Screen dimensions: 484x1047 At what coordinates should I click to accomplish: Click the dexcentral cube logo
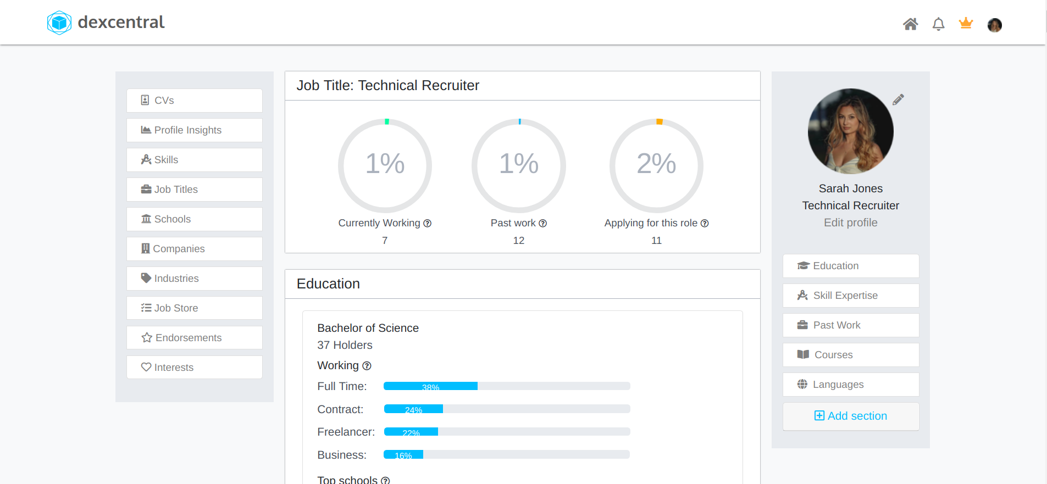(59, 23)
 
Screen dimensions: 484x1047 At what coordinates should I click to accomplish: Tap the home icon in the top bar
(910, 24)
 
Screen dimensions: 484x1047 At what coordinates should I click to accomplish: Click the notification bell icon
(938, 24)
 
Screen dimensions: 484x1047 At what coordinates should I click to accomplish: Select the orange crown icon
(966, 23)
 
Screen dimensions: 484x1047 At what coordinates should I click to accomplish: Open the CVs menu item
(195, 101)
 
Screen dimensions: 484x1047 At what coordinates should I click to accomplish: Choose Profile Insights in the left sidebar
(195, 130)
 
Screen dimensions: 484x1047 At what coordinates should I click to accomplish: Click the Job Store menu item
(195, 308)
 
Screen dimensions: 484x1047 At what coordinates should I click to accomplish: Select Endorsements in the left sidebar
(195, 338)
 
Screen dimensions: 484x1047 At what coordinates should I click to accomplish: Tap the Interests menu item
(195, 368)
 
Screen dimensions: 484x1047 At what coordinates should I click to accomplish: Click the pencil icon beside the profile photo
(898, 99)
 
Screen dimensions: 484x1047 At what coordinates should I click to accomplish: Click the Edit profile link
(850, 222)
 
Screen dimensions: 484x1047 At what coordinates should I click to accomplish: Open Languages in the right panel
(850, 385)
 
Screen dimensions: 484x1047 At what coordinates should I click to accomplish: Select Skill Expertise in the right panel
(850, 296)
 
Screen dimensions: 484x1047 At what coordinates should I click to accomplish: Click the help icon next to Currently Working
(428, 224)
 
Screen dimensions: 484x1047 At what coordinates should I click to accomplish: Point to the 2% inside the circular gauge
(656, 164)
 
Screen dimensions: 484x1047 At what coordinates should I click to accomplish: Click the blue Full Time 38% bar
(430, 386)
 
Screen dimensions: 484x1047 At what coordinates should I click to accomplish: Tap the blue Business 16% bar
(403, 455)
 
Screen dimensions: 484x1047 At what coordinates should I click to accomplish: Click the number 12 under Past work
(518, 241)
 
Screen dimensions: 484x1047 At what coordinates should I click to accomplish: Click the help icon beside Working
(367, 366)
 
